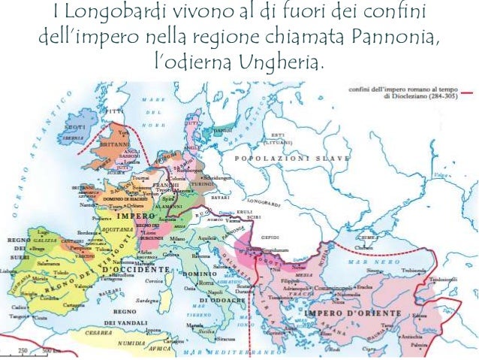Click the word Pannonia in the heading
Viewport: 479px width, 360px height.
click(392, 36)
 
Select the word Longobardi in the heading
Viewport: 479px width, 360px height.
click(125, 12)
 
